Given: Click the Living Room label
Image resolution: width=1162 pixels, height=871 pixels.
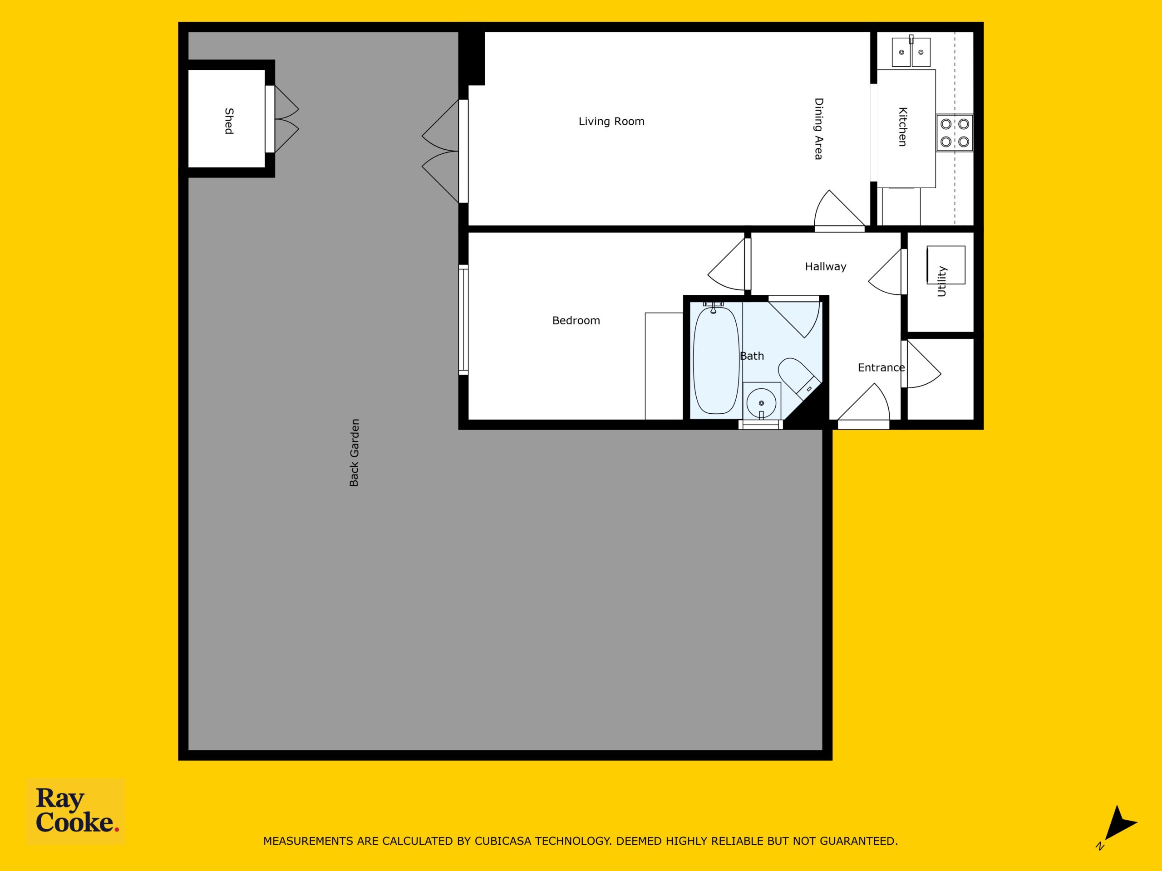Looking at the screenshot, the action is (611, 121).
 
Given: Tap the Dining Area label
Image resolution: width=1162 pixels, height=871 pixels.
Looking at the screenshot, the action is (818, 129).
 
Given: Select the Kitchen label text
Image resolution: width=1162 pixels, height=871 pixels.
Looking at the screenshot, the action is (902, 127).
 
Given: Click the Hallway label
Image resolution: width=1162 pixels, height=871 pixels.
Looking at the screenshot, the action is (825, 267).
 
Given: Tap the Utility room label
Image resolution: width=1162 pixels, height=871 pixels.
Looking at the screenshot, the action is (941, 281).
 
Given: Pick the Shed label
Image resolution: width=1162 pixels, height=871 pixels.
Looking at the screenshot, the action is (229, 121).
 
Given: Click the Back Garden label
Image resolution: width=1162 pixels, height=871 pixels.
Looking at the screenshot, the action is (354, 453).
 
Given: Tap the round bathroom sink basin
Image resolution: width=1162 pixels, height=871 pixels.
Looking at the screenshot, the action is (761, 403).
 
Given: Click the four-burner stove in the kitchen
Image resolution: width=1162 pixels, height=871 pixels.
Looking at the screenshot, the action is (955, 133).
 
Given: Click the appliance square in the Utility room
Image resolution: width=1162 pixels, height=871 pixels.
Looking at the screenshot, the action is (945, 265).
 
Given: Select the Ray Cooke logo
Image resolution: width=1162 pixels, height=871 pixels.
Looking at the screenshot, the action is (76, 811).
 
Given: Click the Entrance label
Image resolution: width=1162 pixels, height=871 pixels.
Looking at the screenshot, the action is (881, 368).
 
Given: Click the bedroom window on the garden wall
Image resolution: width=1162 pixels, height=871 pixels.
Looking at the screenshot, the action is (463, 320).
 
